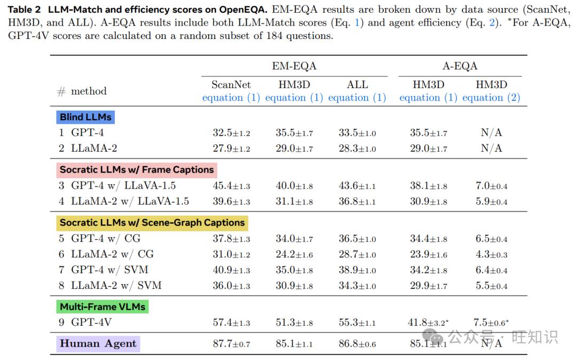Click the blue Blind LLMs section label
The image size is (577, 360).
85,117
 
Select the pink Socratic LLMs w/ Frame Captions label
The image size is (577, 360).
137,169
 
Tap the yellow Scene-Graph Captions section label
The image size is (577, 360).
152,223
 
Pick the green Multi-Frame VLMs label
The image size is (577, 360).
102,306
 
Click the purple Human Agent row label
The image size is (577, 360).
98,343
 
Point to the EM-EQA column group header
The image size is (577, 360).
294,66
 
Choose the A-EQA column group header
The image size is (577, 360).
459,66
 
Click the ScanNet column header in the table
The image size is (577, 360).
231,84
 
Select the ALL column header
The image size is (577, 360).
357,84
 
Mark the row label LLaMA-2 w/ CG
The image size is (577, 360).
112,254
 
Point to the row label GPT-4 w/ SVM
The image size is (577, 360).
110,270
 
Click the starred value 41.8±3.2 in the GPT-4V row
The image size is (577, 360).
428,323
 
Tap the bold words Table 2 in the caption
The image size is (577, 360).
24,10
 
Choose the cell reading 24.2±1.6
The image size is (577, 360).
294,254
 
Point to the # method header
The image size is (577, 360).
82,91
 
